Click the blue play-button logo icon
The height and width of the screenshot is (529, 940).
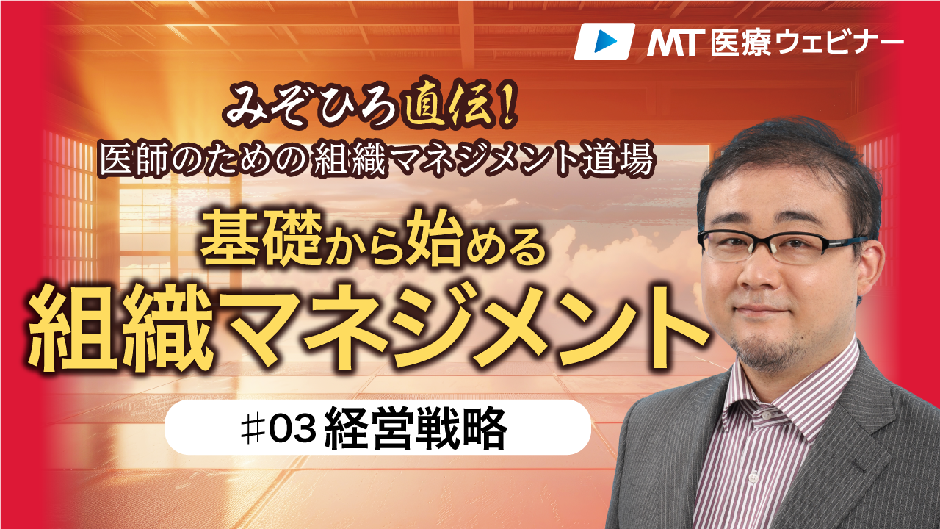(604, 41)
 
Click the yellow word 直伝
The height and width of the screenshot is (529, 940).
(455, 107)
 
